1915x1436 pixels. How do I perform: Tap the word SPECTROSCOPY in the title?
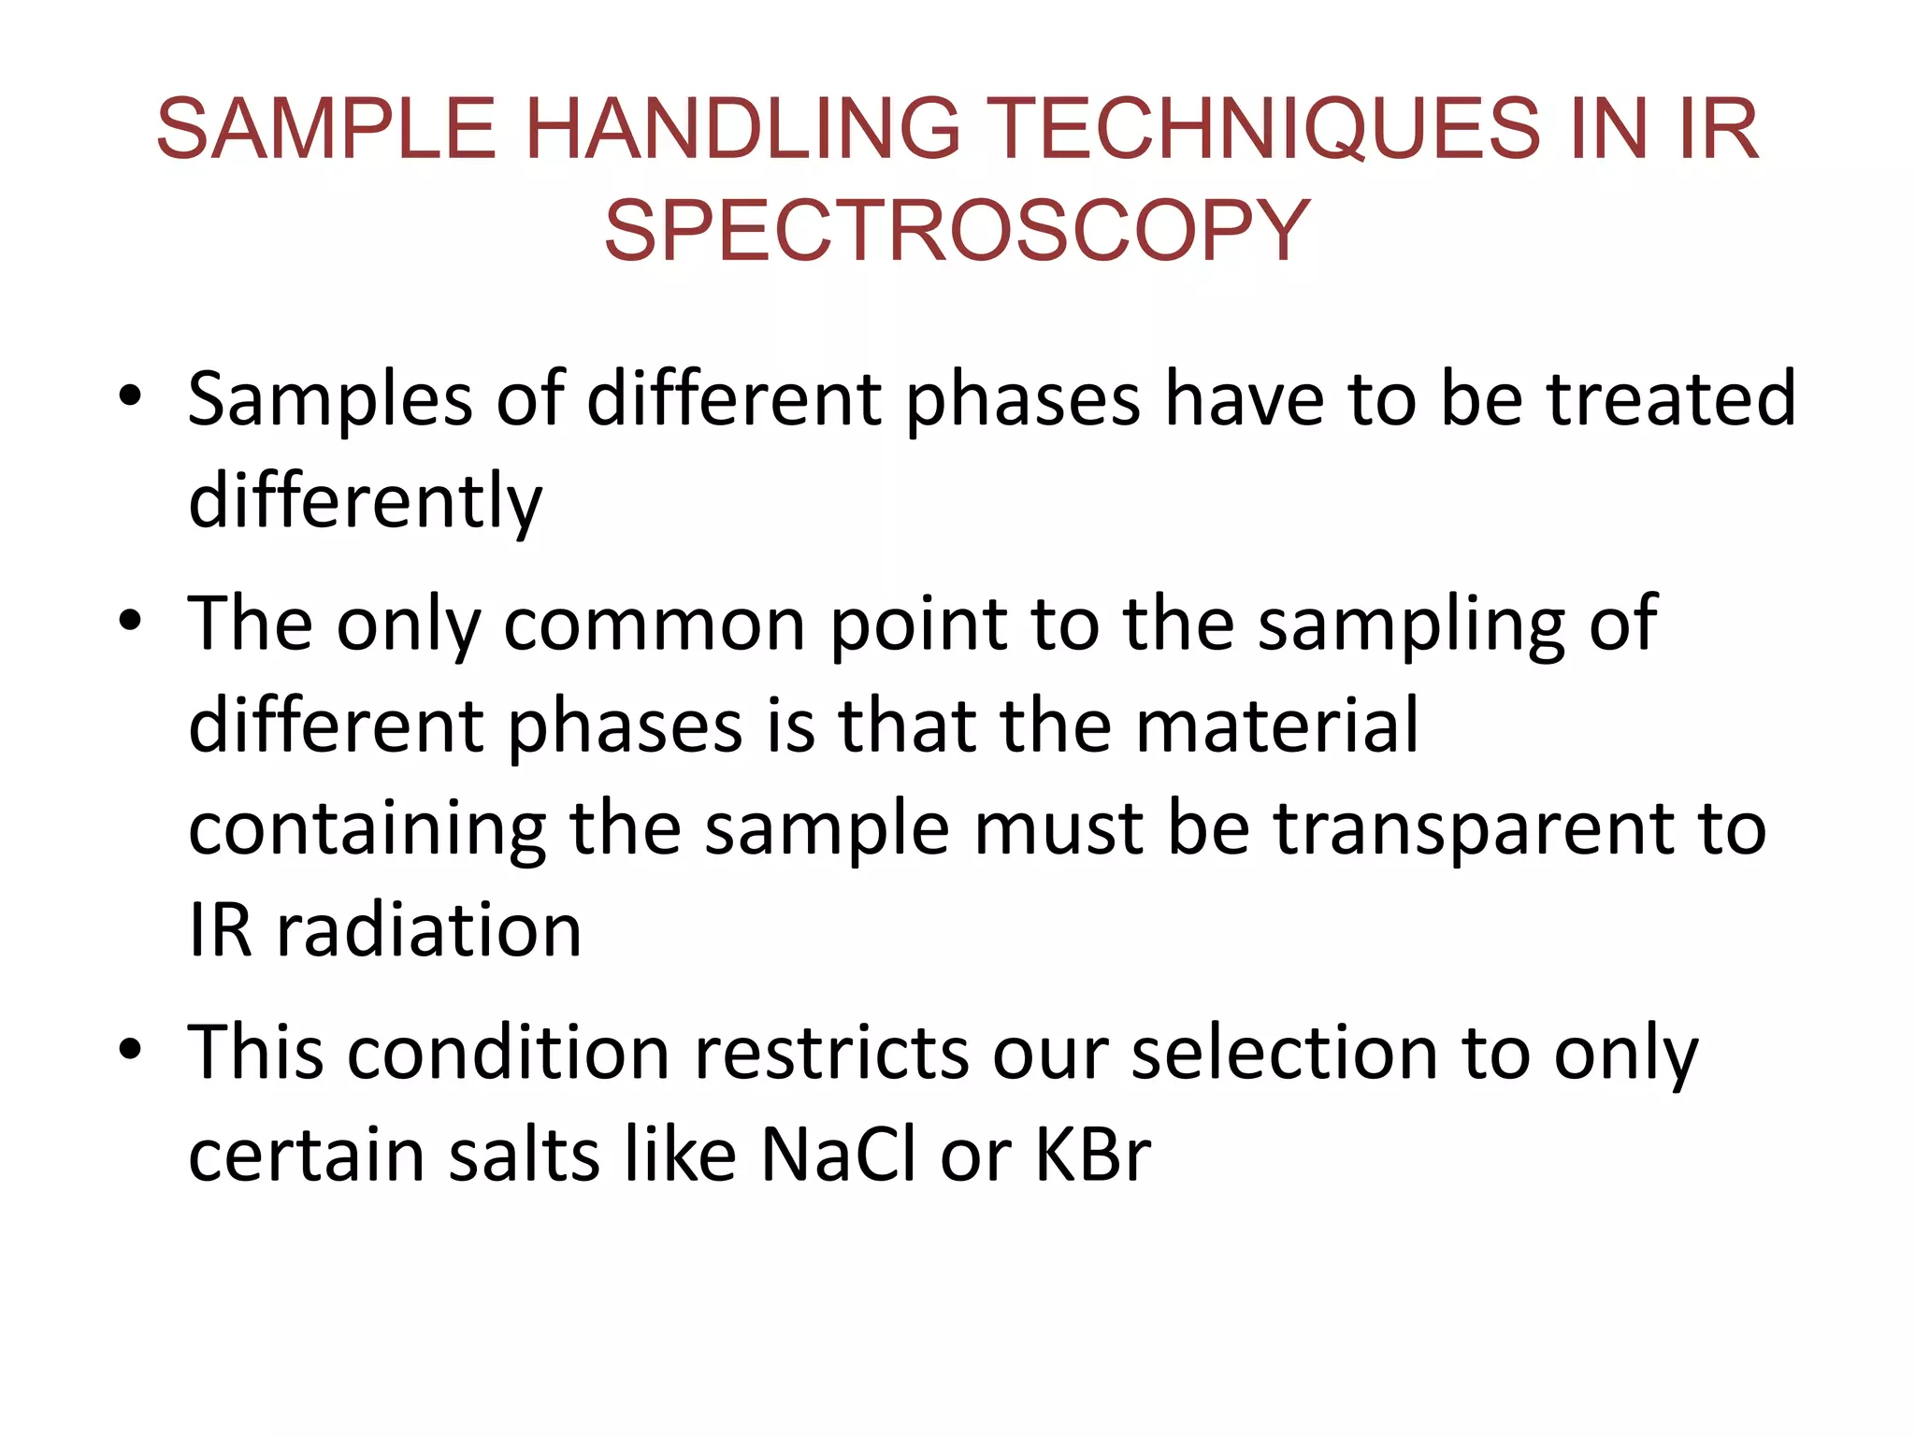point(957,231)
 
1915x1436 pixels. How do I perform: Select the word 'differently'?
point(365,502)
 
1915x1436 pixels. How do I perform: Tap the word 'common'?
point(654,625)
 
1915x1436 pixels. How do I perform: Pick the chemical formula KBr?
point(1093,1156)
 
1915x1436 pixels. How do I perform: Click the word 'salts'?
point(524,1156)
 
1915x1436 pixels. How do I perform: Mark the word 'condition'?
point(510,1054)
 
